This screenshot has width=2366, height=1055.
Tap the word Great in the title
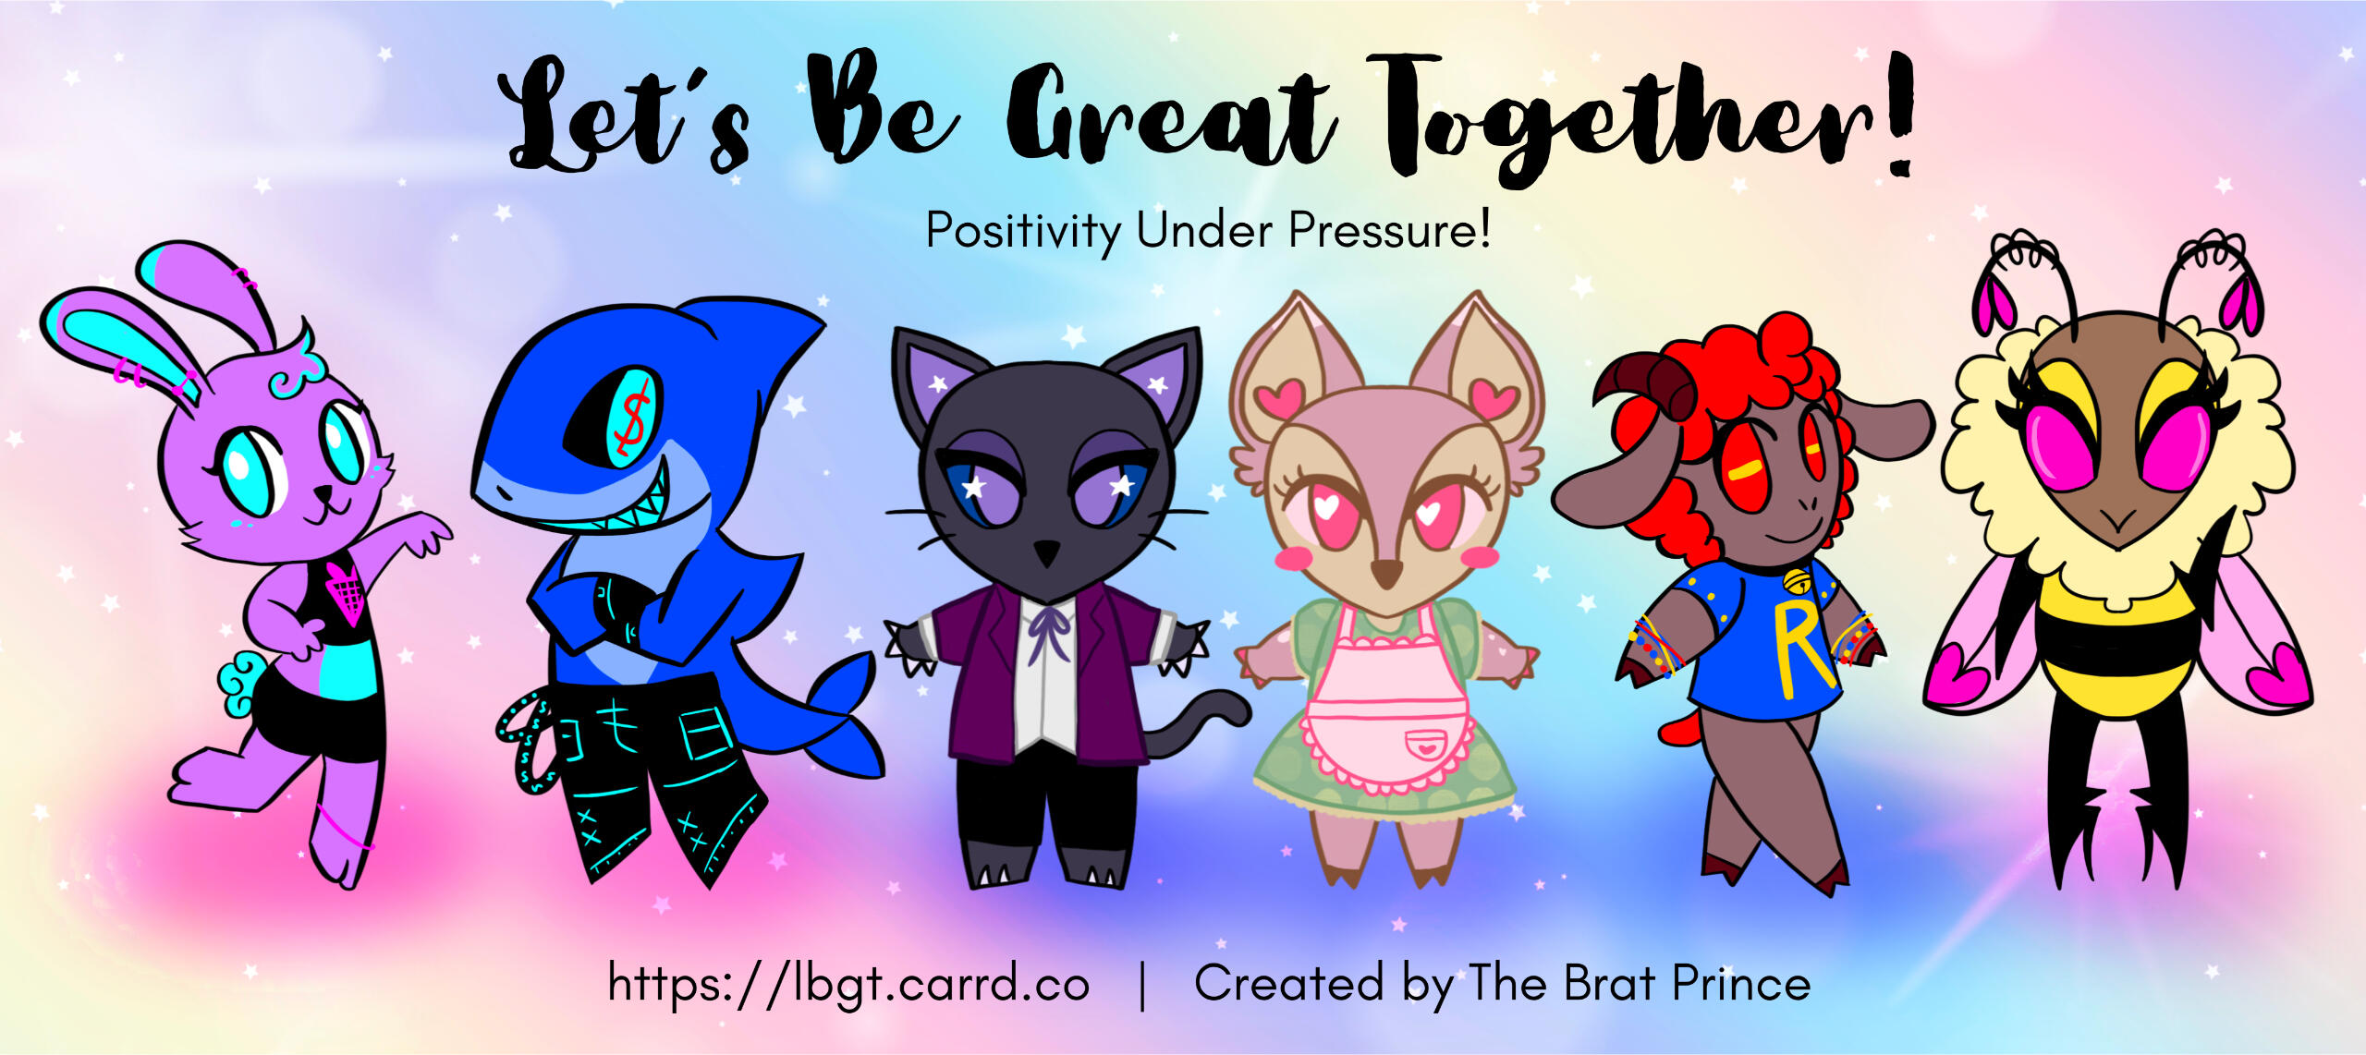1169,115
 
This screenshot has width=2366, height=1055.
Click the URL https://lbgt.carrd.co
848,984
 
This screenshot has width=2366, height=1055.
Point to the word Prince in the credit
1741,983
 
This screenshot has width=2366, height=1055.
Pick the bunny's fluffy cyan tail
239,681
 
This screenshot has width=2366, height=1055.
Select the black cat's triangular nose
1045,552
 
